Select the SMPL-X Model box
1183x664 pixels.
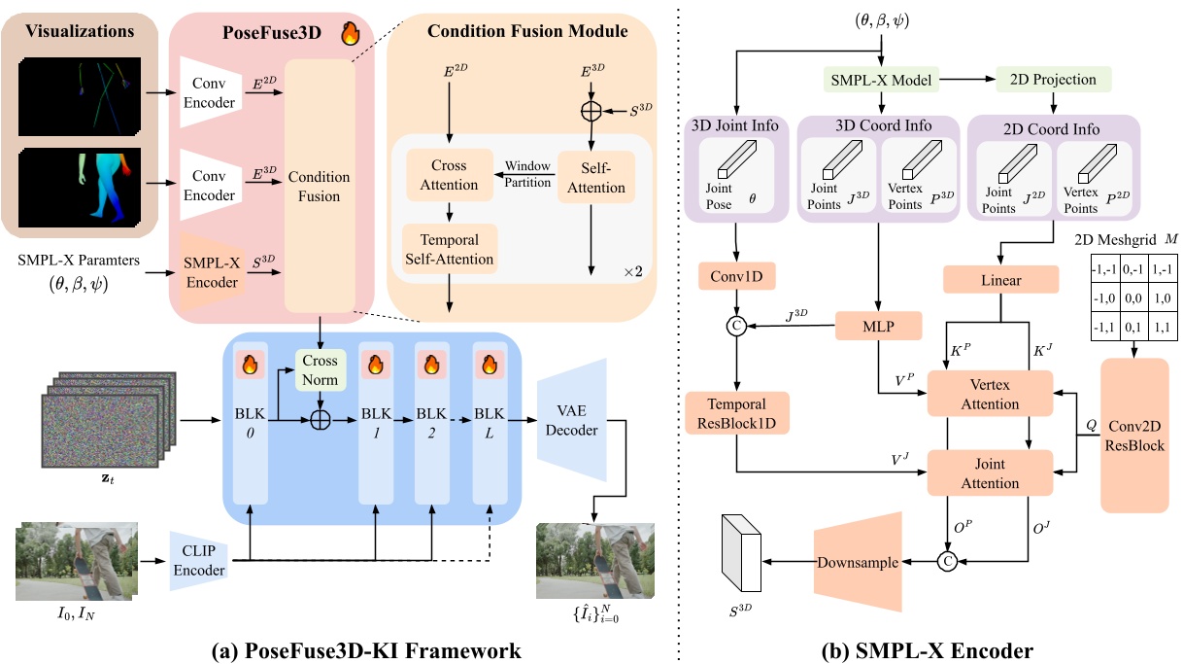882,79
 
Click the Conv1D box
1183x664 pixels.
735,278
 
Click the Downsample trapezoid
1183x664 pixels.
856,562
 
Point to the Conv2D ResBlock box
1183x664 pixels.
1134,434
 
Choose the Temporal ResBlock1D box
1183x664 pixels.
735,413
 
